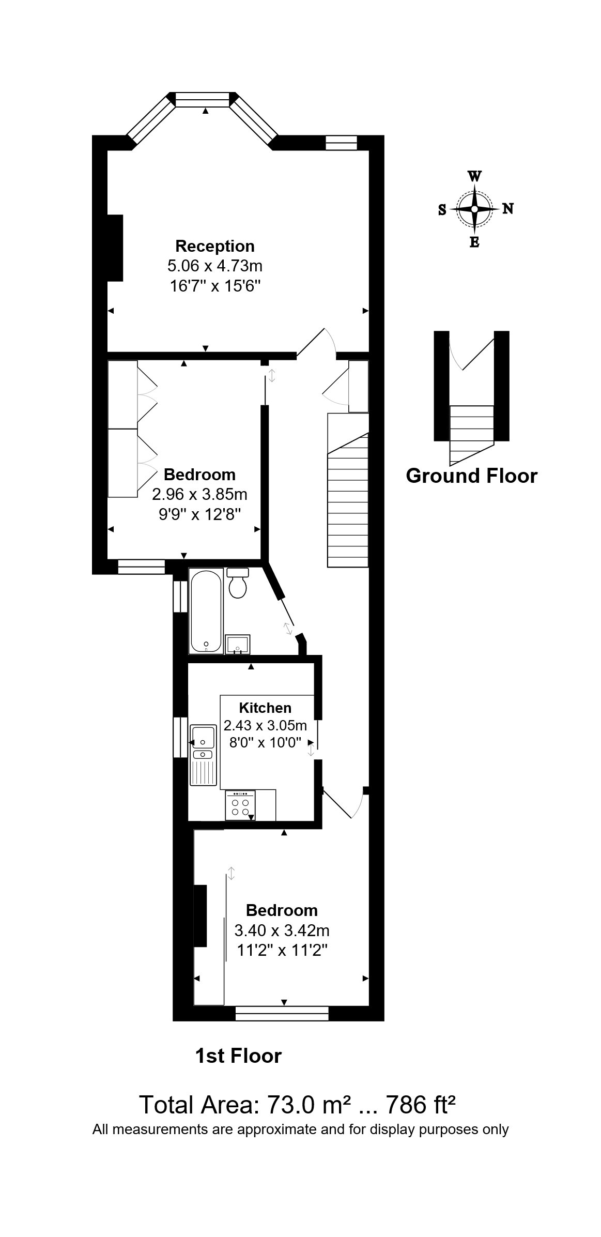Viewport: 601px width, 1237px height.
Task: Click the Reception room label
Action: point(214,246)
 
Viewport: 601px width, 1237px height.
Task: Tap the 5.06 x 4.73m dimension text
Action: point(214,266)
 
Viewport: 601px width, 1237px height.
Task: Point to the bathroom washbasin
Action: point(238,644)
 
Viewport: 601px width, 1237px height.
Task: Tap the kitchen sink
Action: point(203,737)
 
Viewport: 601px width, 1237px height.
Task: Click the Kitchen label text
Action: point(265,708)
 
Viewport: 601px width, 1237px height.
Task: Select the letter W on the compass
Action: point(474,176)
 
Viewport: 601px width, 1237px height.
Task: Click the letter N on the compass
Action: point(508,209)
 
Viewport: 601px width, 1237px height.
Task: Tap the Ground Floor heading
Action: point(471,476)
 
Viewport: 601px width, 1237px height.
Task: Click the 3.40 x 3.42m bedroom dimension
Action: point(282,930)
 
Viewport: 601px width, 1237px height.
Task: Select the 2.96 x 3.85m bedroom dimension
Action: point(199,495)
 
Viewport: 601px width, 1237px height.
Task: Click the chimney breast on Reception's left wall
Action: point(115,248)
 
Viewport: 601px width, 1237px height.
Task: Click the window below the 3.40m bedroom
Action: point(282,1013)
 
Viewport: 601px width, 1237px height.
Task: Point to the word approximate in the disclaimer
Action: point(276,1130)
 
